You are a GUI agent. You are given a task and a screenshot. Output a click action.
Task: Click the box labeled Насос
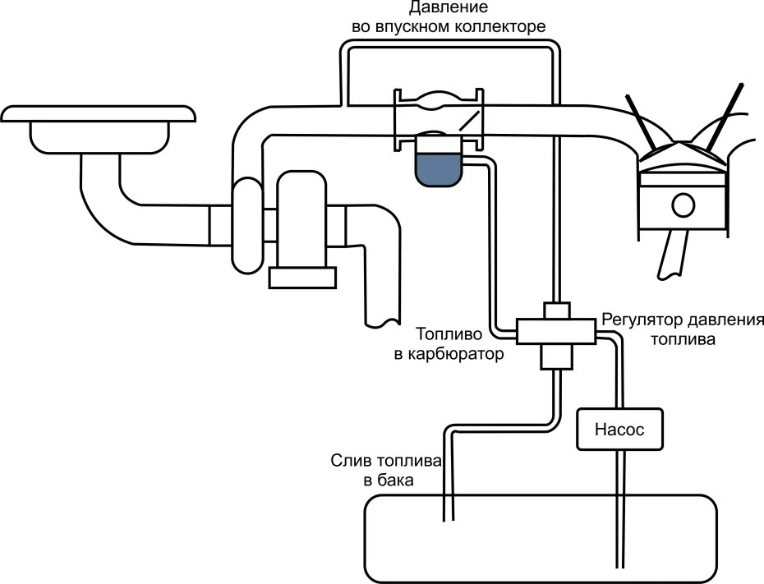(619, 428)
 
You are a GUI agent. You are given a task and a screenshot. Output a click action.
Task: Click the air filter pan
(99, 131)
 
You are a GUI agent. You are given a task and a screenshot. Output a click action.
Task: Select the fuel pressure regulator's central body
(556, 332)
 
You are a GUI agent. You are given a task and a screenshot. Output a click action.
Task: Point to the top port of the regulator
(557, 310)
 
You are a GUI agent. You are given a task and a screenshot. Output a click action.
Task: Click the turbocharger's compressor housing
(246, 226)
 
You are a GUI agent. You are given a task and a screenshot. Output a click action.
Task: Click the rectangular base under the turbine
(302, 278)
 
